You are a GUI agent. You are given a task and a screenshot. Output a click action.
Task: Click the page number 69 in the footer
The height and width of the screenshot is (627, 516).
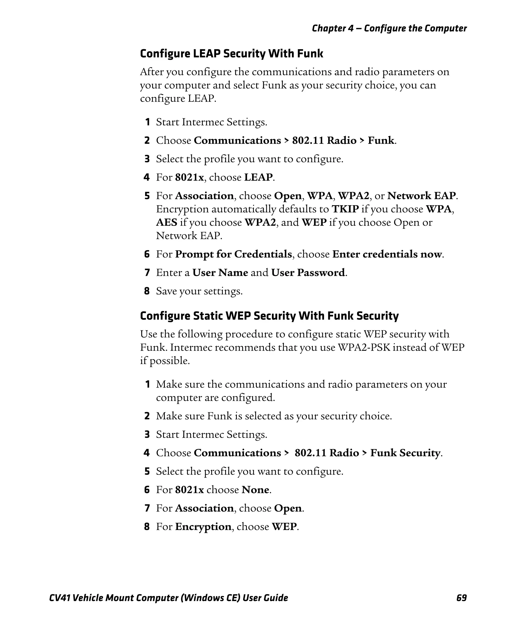[x=461, y=598]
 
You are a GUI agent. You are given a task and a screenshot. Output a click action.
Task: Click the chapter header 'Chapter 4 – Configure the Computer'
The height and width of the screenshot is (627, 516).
[x=389, y=28]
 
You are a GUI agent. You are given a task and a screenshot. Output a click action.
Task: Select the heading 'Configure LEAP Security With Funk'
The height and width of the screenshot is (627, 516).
[x=231, y=54]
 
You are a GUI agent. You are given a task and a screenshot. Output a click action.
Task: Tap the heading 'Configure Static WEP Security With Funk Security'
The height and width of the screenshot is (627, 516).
[x=269, y=316]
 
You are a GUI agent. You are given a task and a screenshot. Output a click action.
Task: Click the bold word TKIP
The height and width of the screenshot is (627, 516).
[x=345, y=209]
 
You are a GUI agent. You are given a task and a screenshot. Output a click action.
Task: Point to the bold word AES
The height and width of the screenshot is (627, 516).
[x=167, y=222]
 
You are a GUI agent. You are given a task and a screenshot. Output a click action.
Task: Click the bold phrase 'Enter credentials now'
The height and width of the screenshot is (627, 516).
[x=387, y=254]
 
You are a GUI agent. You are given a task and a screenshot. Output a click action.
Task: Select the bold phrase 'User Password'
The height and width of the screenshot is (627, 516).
[x=308, y=273]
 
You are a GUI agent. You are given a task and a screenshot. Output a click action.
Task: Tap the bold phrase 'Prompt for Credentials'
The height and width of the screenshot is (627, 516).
[x=233, y=254]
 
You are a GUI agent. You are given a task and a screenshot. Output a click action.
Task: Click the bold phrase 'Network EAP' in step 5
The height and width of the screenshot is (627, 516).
[x=422, y=196]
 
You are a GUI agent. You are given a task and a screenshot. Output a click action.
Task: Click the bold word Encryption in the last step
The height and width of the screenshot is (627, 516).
[x=203, y=527]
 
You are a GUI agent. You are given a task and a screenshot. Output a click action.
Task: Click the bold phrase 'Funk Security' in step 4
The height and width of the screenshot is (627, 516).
[x=405, y=453]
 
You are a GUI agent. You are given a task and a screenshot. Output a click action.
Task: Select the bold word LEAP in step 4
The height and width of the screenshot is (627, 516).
[x=258, y=177]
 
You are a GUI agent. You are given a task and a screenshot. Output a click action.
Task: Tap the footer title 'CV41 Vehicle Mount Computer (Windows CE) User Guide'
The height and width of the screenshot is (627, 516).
[x=169, y=598]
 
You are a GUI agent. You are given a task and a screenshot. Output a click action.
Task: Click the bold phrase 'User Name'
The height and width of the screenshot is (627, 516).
[x=220, y=273]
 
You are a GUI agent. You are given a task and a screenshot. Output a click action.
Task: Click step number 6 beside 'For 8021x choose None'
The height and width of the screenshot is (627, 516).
[x=147, y=490]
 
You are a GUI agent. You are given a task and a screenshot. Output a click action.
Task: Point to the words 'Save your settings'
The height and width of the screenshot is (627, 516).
[x=199, y=291]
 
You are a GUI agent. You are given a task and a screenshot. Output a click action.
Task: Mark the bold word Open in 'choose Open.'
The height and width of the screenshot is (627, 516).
[x=287, y=508]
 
